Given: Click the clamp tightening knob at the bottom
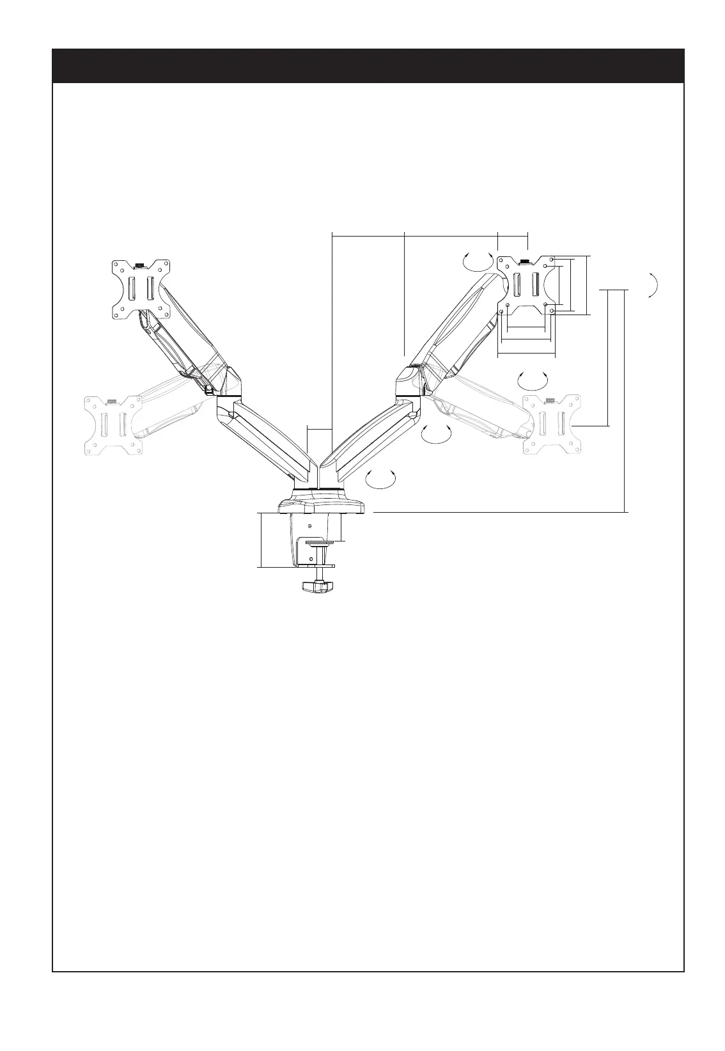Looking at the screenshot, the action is [318, 586].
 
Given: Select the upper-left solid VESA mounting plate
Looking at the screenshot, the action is [141, 288].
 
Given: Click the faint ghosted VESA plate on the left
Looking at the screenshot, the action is [113, 424].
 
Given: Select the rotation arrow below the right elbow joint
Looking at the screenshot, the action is [436, 433].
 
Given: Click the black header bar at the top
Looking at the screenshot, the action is [368, 65].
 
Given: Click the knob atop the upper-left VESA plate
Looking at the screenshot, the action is [139, 263].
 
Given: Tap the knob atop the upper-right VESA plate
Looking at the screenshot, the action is [524, 261].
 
